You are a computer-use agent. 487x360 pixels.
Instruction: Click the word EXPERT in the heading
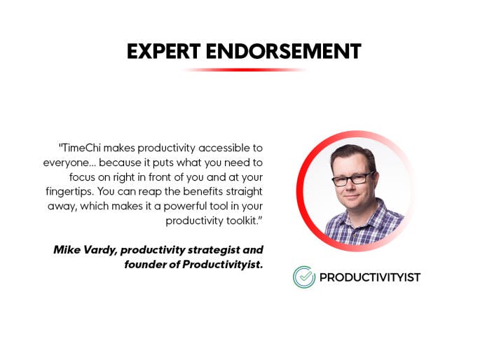coord(164,51)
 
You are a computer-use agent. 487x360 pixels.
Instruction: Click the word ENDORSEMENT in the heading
coord(284,51)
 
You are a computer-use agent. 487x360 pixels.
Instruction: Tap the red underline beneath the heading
coord(244,70)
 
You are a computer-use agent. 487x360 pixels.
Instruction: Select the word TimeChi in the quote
coord(81,148)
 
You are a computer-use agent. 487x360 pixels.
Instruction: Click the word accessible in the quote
coord(224,148)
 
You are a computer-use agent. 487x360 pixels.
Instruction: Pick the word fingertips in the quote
coord(69,191)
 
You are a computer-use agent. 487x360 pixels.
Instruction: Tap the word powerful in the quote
coord(185,207)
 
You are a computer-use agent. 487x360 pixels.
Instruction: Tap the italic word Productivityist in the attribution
coord(222,265)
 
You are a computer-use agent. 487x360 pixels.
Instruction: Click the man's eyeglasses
coord(353,179)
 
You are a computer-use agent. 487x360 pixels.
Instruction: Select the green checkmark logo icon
coord(304,277)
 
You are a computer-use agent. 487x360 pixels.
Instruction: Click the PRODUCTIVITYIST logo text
coord(370,277)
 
